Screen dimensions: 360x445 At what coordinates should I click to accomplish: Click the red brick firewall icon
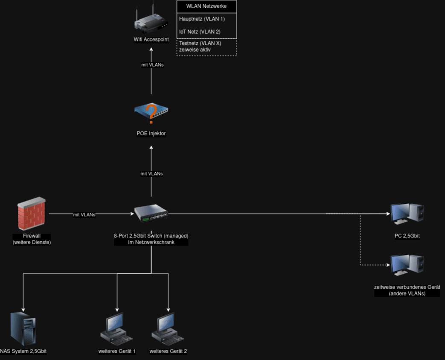pos(32,214)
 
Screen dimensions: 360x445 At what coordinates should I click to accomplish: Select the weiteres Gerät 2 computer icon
pos(168,329)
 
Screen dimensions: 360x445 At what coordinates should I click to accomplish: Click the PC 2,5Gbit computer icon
pos(407,214)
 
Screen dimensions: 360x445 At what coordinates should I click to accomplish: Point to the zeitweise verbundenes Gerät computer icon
pos(407,265)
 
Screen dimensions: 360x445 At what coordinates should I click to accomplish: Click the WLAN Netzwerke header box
pos(207,6)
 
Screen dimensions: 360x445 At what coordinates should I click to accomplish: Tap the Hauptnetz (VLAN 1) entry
pos(202,19)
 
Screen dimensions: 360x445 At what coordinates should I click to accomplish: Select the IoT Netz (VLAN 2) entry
pos(200,32)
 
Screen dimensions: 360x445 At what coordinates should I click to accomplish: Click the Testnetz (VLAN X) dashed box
pos(207,47)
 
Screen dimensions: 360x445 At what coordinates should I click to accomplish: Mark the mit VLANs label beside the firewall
pos(84,215)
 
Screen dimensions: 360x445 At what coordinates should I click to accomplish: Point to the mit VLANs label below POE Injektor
pos(151,174)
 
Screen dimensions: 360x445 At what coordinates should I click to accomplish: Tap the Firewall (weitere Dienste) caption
pos(32,239)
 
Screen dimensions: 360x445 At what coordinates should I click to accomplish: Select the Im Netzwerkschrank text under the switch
pos(150,243)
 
